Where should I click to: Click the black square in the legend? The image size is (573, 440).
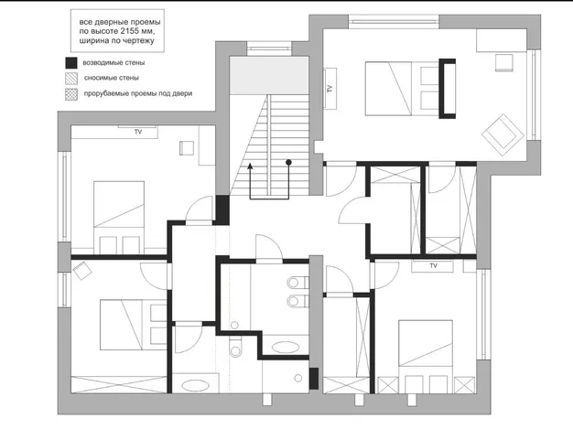[x=71, y=63]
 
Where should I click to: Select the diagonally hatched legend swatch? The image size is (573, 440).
[x=71, y=78]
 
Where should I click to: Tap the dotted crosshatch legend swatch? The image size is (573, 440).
[x=71, y=94]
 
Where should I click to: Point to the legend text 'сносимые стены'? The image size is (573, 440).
[x=112, y=78]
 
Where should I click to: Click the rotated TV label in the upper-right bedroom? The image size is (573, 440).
[x=330, y=89]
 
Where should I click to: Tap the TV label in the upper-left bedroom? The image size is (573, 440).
[x=138, y=132]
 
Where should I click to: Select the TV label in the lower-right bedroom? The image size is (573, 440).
[x=433, y=266]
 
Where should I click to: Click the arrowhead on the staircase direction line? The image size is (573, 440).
[x=250, y=166]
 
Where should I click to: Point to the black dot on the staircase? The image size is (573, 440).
[x=288, y=162]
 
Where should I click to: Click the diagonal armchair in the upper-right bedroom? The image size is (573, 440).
[x=503, y=134]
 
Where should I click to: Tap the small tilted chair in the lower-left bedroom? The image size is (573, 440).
[x=82, y=271]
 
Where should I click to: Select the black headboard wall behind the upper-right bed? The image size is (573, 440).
[x=448, y=89]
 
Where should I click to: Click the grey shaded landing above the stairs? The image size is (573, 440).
[x=269, y=75]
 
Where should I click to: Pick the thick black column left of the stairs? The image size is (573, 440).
[x=222, y=210]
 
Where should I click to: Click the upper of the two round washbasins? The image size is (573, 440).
[x=293, y=283]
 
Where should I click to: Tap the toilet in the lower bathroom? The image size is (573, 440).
[x=236, y=348]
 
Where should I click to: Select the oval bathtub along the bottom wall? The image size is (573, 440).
[x=196, y=386]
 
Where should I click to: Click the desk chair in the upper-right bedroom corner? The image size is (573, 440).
[x=504, y=62]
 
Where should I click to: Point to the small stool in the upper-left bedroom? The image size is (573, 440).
[x=187, y=148]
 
